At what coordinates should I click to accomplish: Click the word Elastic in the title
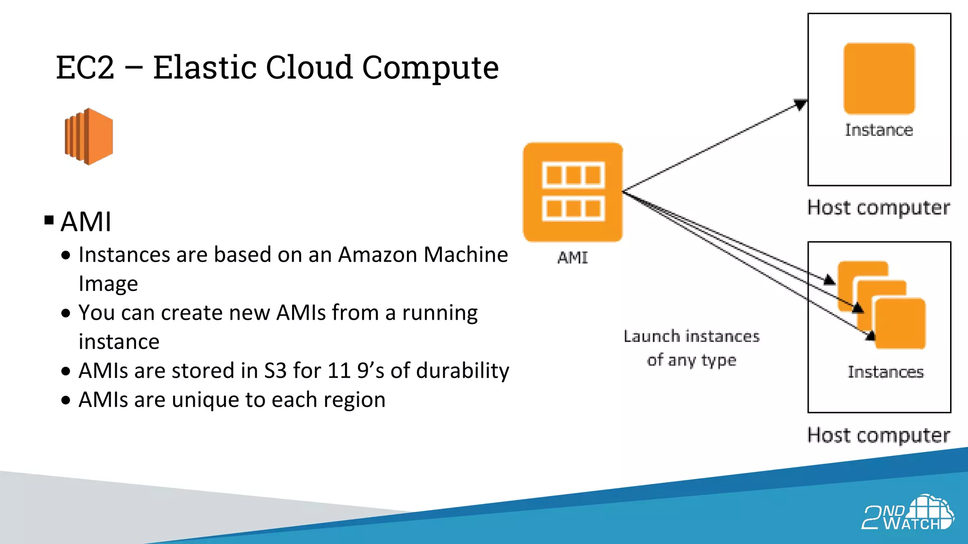point(206,68)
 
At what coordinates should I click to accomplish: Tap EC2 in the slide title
point(85,68)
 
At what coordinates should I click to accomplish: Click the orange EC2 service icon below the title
point(89,136)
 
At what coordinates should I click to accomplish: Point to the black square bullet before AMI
point(49,220)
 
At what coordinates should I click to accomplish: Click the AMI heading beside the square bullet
point(86,221)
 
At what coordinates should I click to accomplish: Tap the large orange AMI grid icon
point(572,192)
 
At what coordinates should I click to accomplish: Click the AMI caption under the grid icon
point(572,258)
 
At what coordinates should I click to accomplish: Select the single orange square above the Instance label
point(879,78)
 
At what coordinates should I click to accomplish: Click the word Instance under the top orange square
point(879,130)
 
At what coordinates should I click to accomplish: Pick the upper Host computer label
point(878,208)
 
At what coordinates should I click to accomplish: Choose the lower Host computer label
point(878,435)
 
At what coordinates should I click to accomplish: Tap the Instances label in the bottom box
point(885,372)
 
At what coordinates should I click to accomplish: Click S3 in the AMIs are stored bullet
point(275,371)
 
